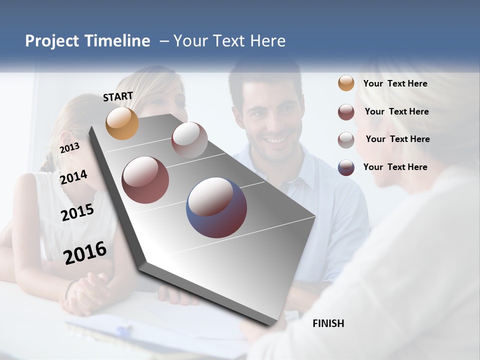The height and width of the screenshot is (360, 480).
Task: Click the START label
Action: coord(118,96)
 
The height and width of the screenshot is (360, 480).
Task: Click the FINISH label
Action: coord(328,323)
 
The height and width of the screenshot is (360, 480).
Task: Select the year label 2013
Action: coord(69,148)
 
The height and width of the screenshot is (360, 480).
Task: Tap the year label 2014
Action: coord(73,177)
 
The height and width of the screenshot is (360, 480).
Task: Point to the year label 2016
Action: coord(85,252)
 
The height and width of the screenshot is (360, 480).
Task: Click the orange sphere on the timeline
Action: coord(122,123)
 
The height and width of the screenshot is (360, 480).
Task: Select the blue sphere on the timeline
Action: coord(216,207)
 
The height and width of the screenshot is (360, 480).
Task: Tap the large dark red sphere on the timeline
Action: coord(145,180)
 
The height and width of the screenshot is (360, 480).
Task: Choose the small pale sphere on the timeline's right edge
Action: coord(189,139)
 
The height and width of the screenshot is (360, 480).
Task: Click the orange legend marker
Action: coord(346,83)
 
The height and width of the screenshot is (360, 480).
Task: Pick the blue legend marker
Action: coord(346,167)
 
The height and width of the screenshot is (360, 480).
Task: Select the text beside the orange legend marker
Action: coord(395,83)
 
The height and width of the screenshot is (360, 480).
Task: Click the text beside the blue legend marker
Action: coord(395,167)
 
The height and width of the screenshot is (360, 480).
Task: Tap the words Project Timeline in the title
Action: coord(87,41)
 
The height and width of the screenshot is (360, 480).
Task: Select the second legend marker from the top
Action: coord(346,112)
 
